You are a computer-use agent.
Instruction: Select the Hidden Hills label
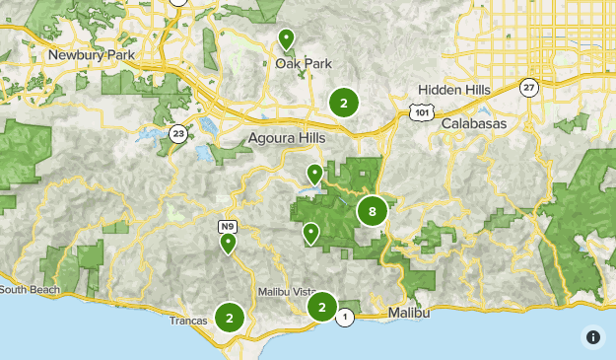pyautogui.click(x=453, y=90)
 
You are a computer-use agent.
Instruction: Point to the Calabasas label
pyautogui.click(x=473, y=124)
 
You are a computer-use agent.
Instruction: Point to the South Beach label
pyautogui.click(x=29, y=290)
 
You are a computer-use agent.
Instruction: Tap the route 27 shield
pyautogui.click(x=530, y=87)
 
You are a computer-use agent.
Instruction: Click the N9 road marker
pyautogui.click(x=227, y=227)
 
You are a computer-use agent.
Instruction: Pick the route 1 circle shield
pyautogui.click(x=344, y=317)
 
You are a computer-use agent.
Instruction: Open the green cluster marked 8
pyautogui.click(x=372, y=210)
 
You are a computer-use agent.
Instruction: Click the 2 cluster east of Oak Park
pyautogui.click(x=343, y=102)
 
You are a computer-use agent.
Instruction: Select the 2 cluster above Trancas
pyautogui.click(x=230, y=318)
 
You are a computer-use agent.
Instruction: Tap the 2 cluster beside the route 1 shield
pyautogui.click(x=321, y=307)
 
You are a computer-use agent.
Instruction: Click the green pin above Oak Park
pyautogui.click(x=286, y=39)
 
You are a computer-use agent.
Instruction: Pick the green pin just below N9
pyautogui.click(x=228, y=243)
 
